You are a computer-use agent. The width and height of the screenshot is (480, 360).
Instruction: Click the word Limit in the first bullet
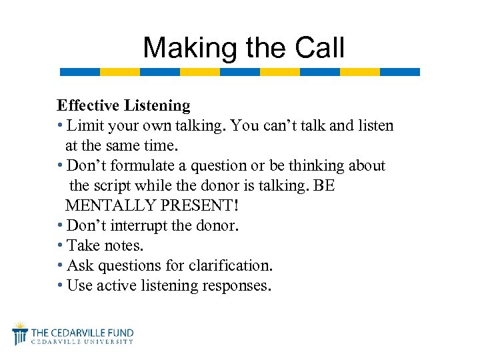pos(84,125)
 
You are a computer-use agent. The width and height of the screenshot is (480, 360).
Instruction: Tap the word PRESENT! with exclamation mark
pos(195,206)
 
